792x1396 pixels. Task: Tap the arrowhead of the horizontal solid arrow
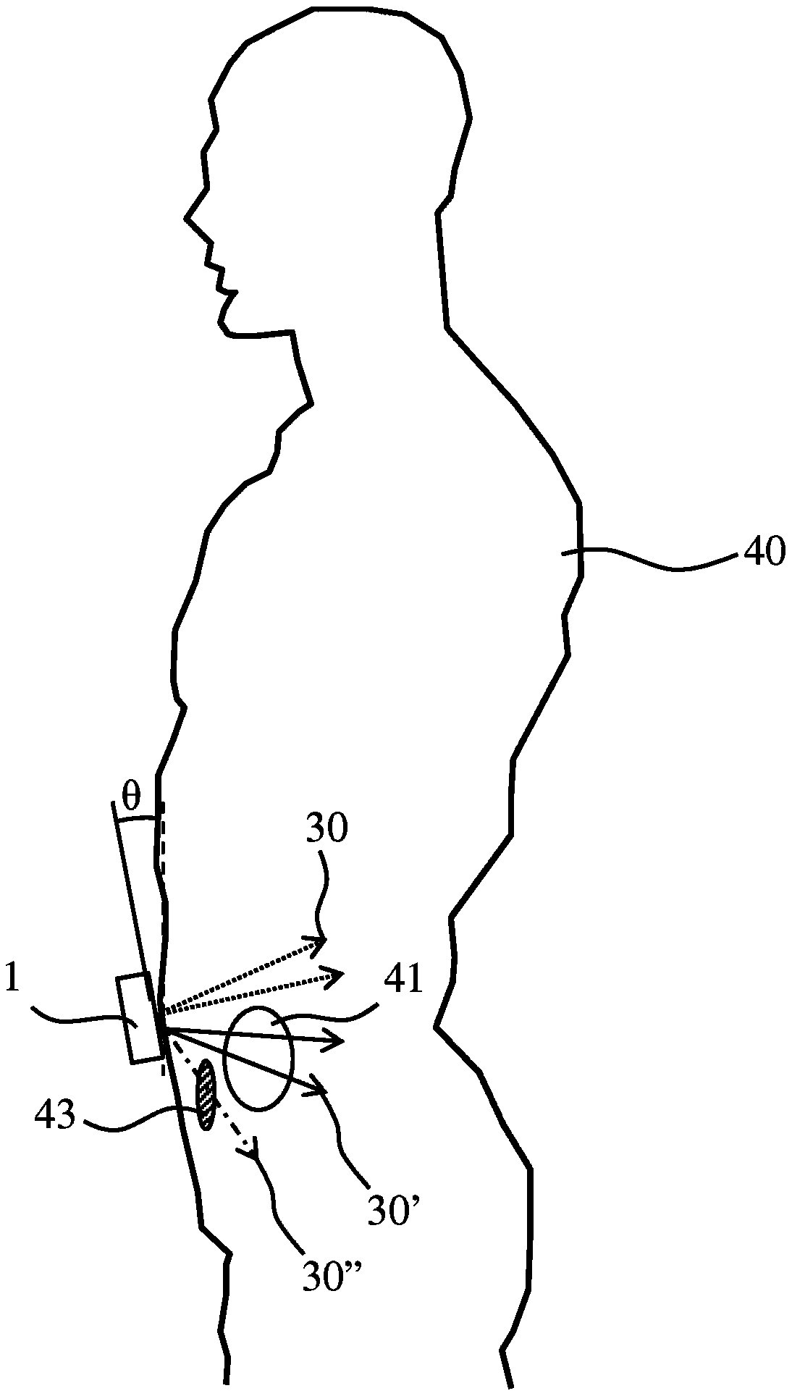(x=334, y=1042)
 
